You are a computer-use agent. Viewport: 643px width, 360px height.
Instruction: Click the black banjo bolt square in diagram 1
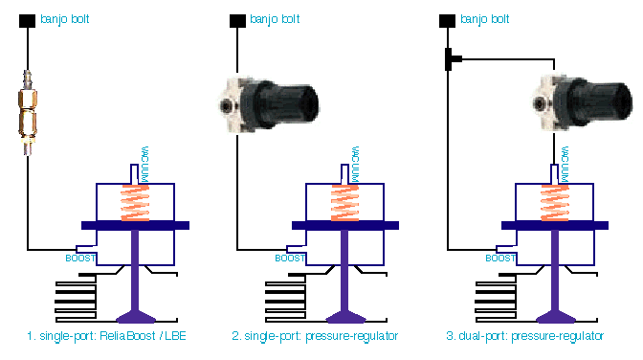27,21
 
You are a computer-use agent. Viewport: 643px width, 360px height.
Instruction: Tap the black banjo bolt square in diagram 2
237,21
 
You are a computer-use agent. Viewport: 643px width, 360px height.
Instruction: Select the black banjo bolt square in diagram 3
447,21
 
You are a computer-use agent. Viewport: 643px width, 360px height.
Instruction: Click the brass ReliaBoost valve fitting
28,112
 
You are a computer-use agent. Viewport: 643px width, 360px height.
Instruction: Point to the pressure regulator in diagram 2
269,103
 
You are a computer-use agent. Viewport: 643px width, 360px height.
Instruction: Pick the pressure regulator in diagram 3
583,102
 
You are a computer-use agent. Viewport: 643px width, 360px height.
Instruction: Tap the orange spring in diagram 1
135,203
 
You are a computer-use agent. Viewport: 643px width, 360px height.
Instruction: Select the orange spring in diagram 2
344,203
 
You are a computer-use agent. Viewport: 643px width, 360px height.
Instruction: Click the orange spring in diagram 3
555,203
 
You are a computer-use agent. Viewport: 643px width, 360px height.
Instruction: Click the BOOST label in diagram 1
80,259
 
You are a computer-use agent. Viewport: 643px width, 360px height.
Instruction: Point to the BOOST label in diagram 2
290,259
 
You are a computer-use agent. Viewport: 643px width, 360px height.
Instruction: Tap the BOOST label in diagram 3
500,259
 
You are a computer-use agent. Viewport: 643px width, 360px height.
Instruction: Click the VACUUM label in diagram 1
144,164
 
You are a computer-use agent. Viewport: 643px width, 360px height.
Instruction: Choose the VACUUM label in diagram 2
355,164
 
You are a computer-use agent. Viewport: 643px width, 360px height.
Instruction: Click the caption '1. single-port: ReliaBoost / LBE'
106,336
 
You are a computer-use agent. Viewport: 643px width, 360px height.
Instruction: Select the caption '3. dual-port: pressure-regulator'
525,336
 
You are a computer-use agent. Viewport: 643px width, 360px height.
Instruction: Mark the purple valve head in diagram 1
136,317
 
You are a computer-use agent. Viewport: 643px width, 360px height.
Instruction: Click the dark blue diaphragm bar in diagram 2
345,225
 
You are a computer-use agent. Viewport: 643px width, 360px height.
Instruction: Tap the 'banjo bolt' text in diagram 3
485,19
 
